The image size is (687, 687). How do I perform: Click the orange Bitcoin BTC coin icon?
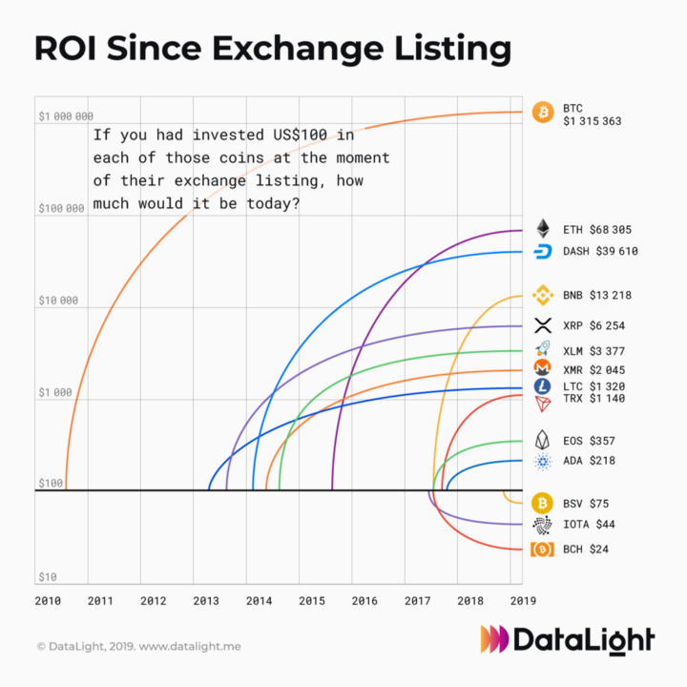pyautogui.click(x=542, y=113)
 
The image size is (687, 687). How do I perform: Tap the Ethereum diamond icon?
pyautogui.click(x=543, y=229)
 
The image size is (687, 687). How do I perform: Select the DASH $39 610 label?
pyautogui.click(x=600, y=252)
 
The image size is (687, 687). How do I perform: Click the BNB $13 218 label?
pyautogui.click(x=597, y=296)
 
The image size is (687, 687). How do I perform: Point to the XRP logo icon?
pyautogui.click(x=543, y=325)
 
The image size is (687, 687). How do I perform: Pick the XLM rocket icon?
pyautogui.click(x=543, y=351)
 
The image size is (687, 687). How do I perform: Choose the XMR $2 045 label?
pyautogui.click(x=594, y=369)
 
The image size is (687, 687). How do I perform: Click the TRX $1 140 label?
pyautogui.click(x=593, y=399)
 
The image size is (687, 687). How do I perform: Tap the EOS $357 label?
pyautogui.click(x=589, y=442)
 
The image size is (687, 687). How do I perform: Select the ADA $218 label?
pyautogui.click(x=589, y=461)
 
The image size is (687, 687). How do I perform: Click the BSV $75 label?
pyautogui.click(x=586, y=503)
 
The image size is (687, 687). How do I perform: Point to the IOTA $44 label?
pyautogui.click(x=589, y=525)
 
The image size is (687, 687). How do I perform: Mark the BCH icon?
pyautogui.click(x=543, y=550)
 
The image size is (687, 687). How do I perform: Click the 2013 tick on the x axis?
pyautogui.click(x=206, y=601)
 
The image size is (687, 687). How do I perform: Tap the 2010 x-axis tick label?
pyautogui.click(x=48, y=601)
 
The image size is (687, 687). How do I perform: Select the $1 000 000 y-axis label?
pyautogui.click(x=66, y=116)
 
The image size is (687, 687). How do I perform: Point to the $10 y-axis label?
pyautogui.click(x=47, y=577)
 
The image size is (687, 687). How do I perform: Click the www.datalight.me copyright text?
pyautogui.click(x=190, y=647)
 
